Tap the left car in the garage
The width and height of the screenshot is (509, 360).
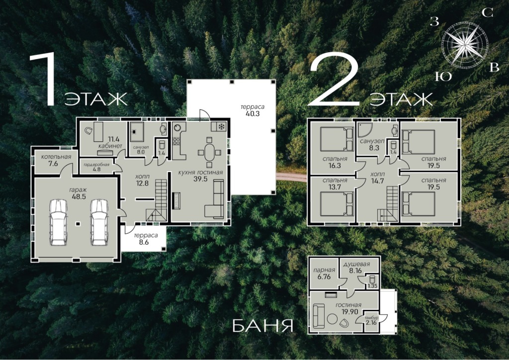(x=59, y=222)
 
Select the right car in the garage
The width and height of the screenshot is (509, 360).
(x=99, y=222)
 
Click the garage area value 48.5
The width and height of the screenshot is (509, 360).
(x=79, y=196)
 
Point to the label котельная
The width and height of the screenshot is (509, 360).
(x=56, y=157)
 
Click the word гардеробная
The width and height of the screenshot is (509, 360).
(x=96, y=165)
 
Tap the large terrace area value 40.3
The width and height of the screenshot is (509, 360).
(x=253, y=113)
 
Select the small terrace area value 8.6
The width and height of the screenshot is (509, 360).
(x=144, y=242)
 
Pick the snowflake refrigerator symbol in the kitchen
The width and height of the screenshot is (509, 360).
(x=221, y=126)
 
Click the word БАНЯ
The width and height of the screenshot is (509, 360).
(x=262, y=326)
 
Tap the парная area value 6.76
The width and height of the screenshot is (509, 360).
(x=324, y=276)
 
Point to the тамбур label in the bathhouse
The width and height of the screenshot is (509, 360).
(x=371, y=318)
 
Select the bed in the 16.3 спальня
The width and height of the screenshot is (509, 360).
(x=337, y=139)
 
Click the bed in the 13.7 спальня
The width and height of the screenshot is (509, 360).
(x=337, y=204)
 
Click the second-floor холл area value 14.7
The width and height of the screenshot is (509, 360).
(x=377, y=181)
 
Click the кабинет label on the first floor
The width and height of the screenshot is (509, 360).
(x=110, y=146)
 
